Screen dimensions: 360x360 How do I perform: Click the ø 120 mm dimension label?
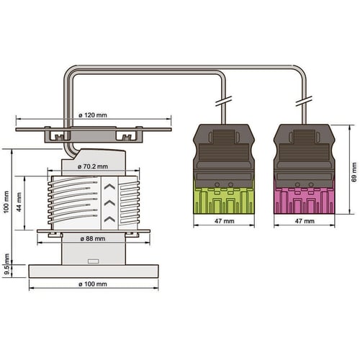point(93,115)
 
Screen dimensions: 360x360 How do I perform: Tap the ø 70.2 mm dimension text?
point(93,166)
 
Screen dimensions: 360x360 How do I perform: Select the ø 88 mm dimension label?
point(93,239)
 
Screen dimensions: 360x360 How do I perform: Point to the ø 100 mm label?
point(93,284)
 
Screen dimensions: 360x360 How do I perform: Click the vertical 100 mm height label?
point(6,202)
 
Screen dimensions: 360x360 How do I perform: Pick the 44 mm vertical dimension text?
point(19,202)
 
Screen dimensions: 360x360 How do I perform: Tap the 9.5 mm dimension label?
point(7,264)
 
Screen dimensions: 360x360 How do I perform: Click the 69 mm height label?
point(354,172)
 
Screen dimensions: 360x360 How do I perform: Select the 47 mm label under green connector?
point(224,221)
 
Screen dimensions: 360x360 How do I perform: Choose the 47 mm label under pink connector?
point(305,221)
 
